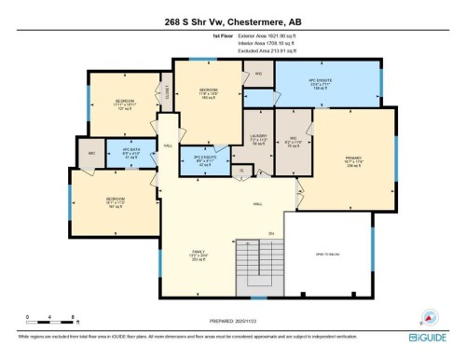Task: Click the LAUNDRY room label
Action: click(x=256, y=141)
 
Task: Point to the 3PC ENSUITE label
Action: click(x=196, y=158)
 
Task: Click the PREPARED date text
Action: click(x=232, y=322)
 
